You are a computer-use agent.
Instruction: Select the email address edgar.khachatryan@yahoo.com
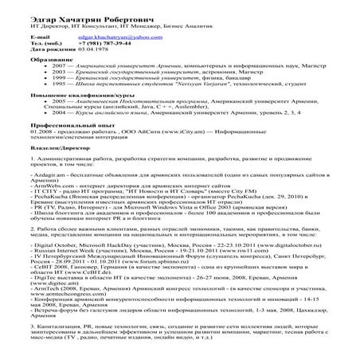pyautogui.click(x=108, y=37)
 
